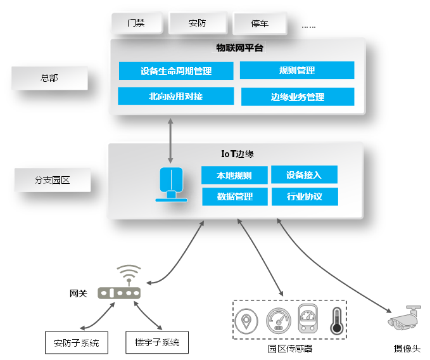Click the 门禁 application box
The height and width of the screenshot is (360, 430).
(x=136, y=23)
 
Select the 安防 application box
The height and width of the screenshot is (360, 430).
(x=197, y=23)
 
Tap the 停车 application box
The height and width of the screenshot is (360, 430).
(x=259, y=24)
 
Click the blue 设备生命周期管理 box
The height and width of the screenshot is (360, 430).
(x=176, y=70)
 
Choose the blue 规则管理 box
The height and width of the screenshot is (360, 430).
(x=296, y=70)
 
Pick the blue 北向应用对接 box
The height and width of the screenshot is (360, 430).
(x=175, y=96)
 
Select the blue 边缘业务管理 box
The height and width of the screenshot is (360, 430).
(x=297, y=97)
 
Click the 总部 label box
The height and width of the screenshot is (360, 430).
(x=49, y=78)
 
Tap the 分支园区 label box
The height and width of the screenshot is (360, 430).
(x=52, y=180)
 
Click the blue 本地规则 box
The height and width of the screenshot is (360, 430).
(x=234, y=176)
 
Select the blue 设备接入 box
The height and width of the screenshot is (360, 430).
(x=304, y=175)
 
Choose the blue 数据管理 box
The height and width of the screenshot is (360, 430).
(x=234, y=196)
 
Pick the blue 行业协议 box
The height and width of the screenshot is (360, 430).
(x=304, y=196)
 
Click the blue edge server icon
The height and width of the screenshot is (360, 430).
(x=172, y=184)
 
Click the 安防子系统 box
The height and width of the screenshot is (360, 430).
(x=77, y=342)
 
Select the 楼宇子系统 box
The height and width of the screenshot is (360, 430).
(x=157, y=342)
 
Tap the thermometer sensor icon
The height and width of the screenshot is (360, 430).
(x=336, y=321)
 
